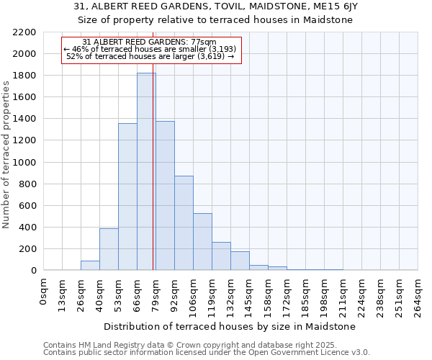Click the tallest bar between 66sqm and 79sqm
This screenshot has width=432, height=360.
(146, 173)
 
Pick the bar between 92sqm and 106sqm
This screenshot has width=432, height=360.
(184, 223)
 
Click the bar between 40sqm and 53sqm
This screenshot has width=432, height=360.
(109, 249)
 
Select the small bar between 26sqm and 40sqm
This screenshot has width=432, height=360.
(90, 266)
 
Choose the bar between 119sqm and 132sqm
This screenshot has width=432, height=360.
(221, 256)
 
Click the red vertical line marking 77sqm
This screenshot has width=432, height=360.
(153, 180)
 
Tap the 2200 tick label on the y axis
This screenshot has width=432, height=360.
(24, 32)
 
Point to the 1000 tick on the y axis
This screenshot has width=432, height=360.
(24, 163)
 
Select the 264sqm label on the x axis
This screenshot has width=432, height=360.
(418, 295)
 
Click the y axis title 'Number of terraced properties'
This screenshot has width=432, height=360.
(6, 155)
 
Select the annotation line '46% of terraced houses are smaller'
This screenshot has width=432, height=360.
(150, 49)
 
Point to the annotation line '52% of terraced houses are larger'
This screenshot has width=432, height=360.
(150, 56)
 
